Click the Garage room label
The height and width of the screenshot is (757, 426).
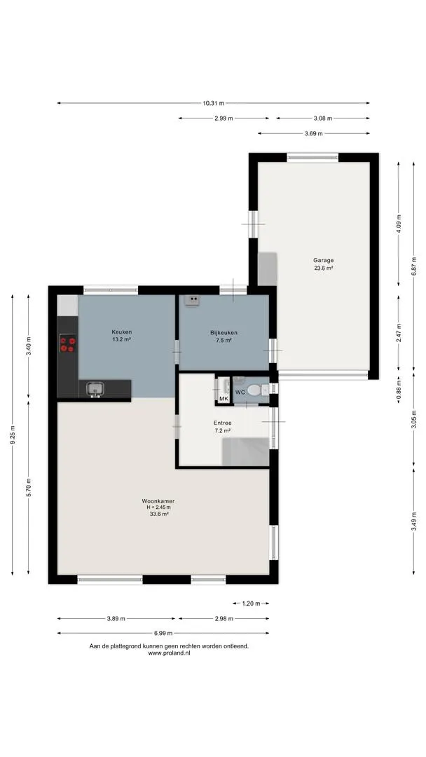click(323, 260)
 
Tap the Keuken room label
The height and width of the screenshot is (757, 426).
click(122, 332)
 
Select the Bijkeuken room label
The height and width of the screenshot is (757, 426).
click(224, 333)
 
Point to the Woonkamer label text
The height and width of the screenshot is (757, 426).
click(158, 500)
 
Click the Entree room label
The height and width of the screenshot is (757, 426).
click(222, 423)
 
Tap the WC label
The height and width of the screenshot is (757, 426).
click(240, 393)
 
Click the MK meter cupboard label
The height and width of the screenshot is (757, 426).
click(224, 398)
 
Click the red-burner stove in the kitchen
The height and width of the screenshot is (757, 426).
click(67, 343)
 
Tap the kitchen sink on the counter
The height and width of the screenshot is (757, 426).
click(95, 388)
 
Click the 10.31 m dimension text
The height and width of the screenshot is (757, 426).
click(213, 103)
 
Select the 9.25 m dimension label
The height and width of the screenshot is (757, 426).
click(13, 435)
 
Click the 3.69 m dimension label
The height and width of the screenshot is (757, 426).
click(314, 133)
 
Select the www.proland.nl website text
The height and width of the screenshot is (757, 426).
click(170, 653)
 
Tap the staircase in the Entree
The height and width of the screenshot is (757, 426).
click(245, 452)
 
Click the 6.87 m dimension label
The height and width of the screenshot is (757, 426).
click(413, 266)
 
